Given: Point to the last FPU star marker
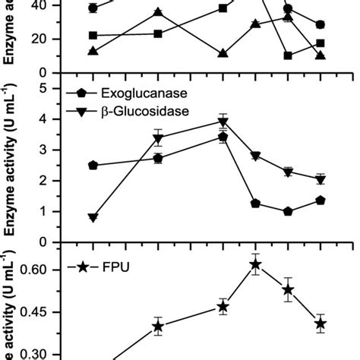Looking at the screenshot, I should [321, 324].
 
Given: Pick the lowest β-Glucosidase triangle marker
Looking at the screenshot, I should [93, 217].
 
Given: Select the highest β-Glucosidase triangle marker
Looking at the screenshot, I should [223, 122].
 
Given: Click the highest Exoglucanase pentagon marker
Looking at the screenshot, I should [223, 137].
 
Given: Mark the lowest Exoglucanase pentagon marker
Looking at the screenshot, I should [288, 212].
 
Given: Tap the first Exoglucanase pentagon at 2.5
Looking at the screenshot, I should [93, 165].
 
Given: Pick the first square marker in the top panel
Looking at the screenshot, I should [93, 35].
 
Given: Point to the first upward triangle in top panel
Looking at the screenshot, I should [93, 51].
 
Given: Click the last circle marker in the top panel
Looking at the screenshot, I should [321, 25].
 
